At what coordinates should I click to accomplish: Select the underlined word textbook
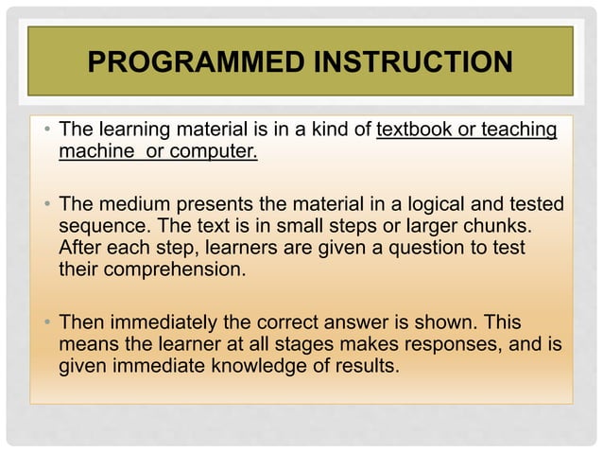(x=417, y=130)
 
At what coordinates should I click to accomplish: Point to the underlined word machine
(x=94, y=151)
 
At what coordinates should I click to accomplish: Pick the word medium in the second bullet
(x=129, y=204)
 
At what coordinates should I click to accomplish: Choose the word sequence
(x=99, y=226)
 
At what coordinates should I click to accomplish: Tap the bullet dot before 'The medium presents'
(x=46, y=205)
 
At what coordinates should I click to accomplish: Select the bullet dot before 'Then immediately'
(x=46, y=323)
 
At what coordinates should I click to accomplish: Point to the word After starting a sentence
(x=82, y=248)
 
